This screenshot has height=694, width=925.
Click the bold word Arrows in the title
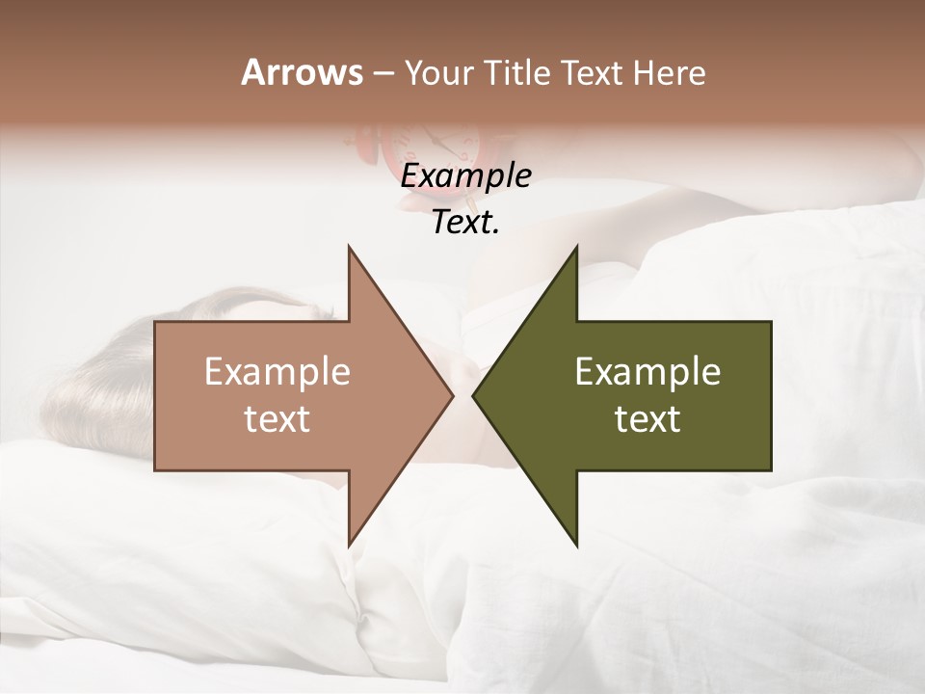(302, 72)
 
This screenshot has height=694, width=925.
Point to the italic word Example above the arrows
(465, 176)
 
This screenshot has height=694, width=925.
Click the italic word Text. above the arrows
(465, 223)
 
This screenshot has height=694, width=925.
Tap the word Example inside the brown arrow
(277, 372)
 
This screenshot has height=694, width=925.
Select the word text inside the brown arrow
(277, 419)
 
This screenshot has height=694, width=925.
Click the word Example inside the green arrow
(647, 372)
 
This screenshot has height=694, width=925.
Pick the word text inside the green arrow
(647, 419)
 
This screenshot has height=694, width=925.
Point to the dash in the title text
(383, 74)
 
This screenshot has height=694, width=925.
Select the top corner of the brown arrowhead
(350, 249)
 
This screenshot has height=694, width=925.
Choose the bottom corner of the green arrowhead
(576, 544)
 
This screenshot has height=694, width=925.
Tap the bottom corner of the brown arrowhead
(350, 544)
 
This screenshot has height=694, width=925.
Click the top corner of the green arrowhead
(576, 249)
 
